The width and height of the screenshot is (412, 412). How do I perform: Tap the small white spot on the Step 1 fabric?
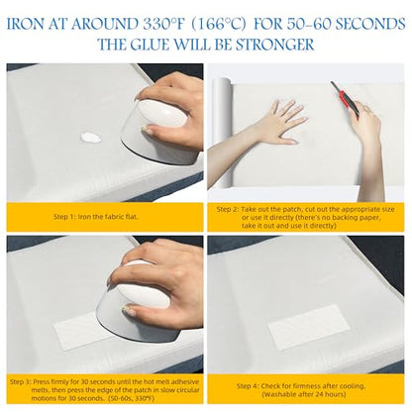[x=91, y=137]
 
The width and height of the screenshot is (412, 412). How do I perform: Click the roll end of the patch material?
[x=220, y=132]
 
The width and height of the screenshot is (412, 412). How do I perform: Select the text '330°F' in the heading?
[x=163, y=24]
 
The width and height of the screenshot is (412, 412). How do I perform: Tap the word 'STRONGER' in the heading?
[x=275, y=45]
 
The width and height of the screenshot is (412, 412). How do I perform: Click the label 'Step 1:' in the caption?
[x=65, y=217]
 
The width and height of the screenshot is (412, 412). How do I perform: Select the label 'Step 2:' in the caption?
[x=228, y=209]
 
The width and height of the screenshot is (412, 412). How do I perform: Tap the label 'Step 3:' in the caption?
[x=21, y=382]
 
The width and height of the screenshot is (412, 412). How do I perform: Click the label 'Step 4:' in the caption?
[x=248, y=386]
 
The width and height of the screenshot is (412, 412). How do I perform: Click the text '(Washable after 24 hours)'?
[x=304, y=394]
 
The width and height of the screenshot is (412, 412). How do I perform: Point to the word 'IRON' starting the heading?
[x=25, y=24]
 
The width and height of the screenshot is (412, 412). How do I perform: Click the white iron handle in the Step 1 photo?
[x=160, y=114]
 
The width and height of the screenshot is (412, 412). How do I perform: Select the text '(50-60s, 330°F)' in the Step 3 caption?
[x=131, y=398]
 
